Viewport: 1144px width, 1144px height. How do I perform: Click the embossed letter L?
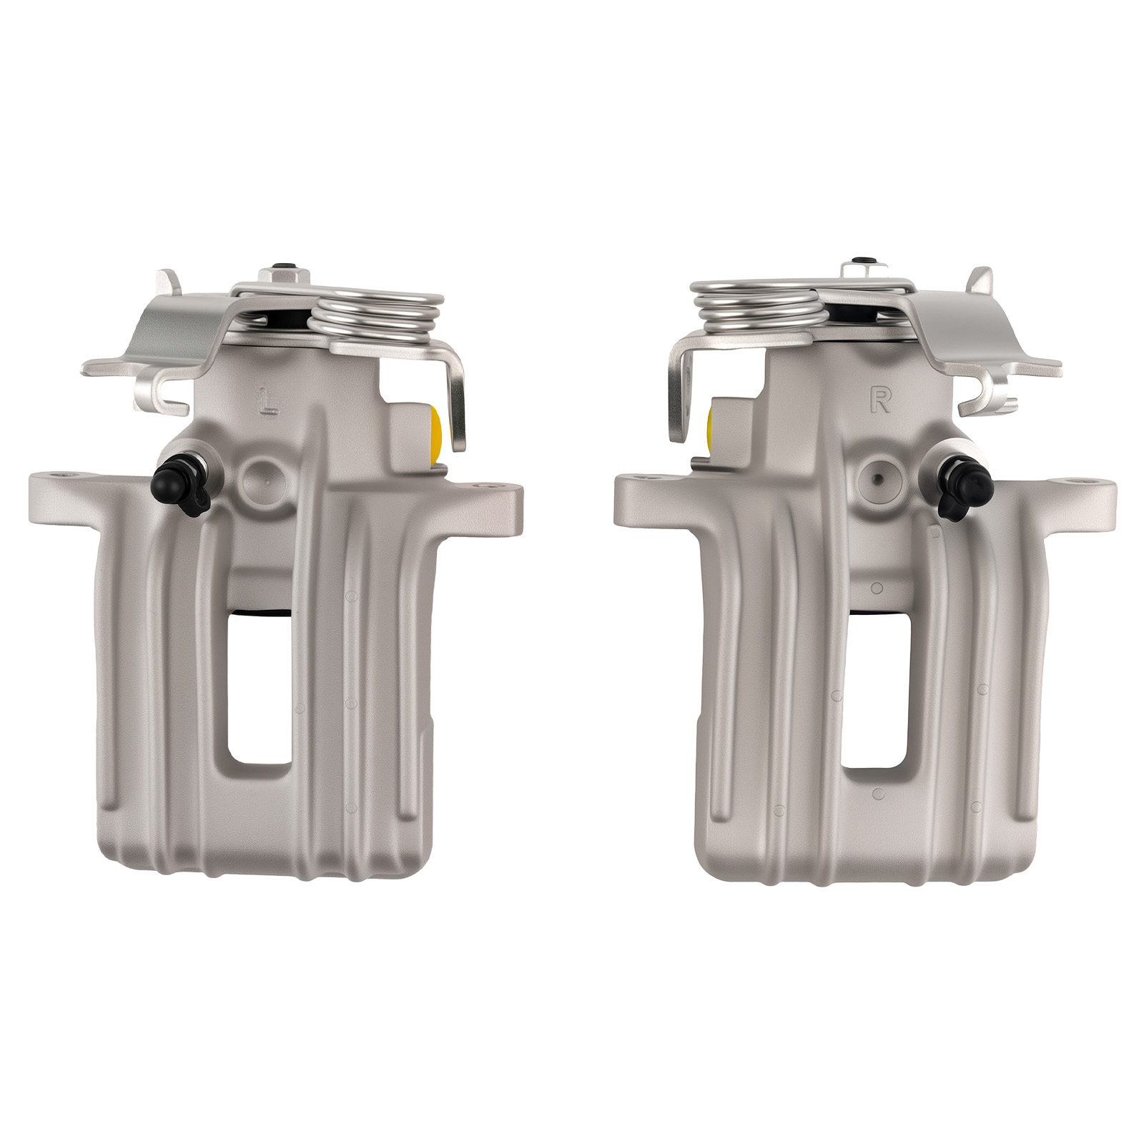268,403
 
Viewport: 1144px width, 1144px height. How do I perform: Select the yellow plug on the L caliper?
435,433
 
